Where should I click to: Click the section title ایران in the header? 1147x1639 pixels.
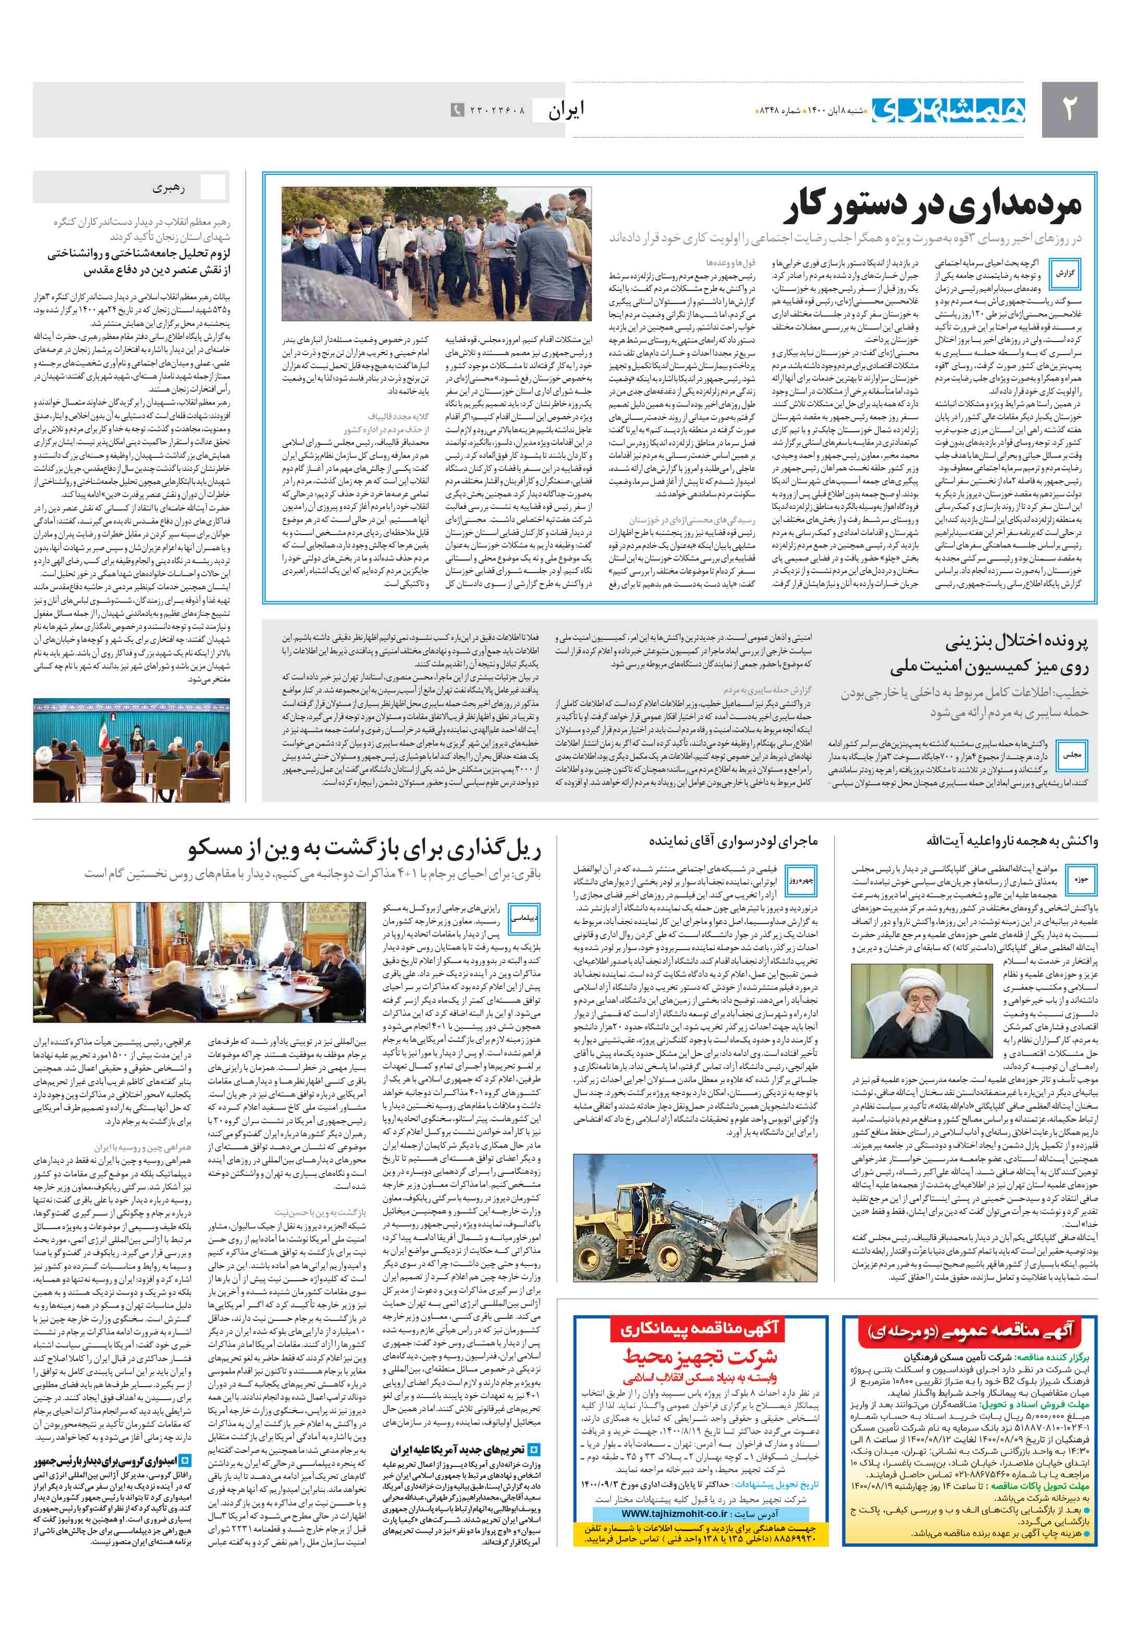(566, 111)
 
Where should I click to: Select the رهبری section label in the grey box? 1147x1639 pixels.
(168, 188)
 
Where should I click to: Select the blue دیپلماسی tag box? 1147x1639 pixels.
(524, 919)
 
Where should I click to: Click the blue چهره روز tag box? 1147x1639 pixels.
(800, 880)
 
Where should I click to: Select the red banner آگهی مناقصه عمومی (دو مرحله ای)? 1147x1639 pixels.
(969, 1330)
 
